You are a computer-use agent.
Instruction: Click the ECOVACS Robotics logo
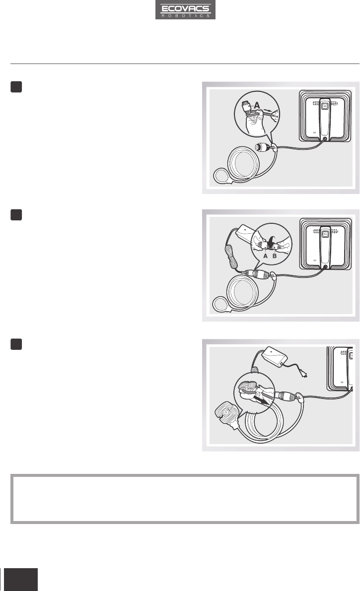pos(185,10)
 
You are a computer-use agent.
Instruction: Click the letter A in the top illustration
pos(257,105)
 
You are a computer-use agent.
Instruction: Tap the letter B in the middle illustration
pos(275,256)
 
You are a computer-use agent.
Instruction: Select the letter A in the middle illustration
pos(265,256)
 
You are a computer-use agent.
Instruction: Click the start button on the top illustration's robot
pos(325,106)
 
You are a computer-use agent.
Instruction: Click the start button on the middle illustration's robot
pos(325,234)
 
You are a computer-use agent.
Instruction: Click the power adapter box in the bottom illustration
pos(275,356)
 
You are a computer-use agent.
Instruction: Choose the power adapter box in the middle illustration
pos(246,234)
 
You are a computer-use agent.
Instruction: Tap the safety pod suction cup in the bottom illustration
pos(227,415)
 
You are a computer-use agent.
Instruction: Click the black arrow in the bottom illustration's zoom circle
pos(262,399)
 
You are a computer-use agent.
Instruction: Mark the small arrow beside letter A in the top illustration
pos(268,111)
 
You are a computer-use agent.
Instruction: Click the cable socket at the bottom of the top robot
pos(325,139)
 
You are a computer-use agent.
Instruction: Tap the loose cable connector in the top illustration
pos(263,147)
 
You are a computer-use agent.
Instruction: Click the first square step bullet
pos(16,87)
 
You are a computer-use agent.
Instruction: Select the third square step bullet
pos(16,344)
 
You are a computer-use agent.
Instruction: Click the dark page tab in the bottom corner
pos(21,579)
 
